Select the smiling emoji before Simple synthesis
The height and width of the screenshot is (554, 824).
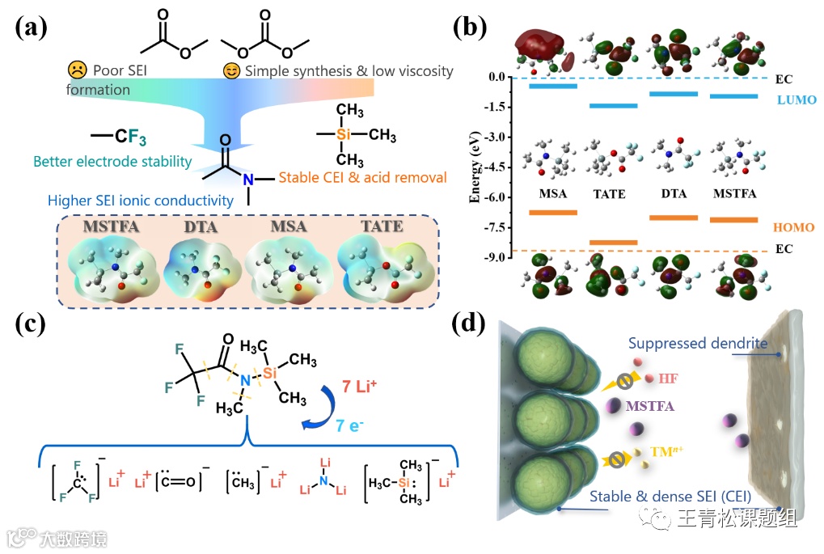[231, 71]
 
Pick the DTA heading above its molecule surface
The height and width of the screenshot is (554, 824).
[201, 226]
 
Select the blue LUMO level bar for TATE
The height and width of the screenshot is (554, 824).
[614, 106]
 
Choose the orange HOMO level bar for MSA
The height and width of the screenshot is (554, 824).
[552, 213]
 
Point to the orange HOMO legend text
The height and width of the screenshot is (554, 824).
[793, 228]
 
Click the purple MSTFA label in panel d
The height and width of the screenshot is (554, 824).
[653, 405]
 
